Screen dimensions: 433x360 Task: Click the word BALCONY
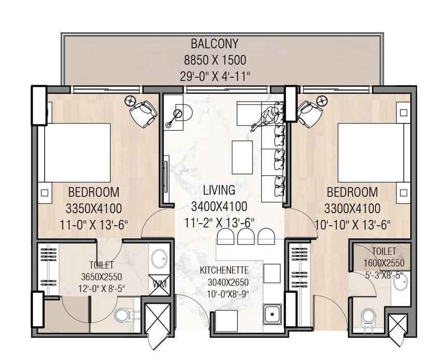coord(215,44)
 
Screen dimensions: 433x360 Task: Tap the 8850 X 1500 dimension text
coord(215,60)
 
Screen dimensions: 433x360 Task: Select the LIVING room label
coord(219,190)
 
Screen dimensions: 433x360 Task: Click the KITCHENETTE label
coord(224,270)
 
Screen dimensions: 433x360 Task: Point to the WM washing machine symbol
coord(159,285)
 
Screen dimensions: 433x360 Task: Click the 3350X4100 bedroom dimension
coord(94,209)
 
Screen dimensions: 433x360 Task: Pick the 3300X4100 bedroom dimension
coord(352,209)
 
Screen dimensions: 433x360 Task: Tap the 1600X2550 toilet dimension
coord(384,263)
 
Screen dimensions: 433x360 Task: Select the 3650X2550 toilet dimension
coord(101,276)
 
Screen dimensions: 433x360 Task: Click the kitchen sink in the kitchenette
coord(272,314)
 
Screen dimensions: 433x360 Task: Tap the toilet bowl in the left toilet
coord(124,315)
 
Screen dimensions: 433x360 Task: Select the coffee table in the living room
coord(242,157)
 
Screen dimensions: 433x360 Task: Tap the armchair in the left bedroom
coord(144,114)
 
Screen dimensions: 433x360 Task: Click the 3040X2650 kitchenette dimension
coord(228,282)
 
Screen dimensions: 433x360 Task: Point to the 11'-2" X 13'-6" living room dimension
coord(219,223)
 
